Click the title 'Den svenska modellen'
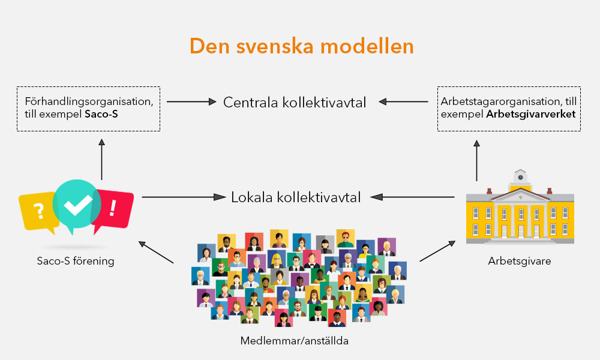[x=301, y=46]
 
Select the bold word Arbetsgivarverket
[x=532, y=114]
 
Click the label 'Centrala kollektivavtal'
[x=295, y=102]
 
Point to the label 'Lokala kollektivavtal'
[x=296, y=197]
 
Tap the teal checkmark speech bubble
[x=77, y=205]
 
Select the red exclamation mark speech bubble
[x=114, y=208]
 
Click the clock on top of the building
[x=520, y=177]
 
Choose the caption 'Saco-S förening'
[x=75, y=262]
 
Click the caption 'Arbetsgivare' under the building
[x=520, y=262]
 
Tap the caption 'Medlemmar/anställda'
[x=295, y=341]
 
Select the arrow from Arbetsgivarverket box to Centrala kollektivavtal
[x=406, y=102]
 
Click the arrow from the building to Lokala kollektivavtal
[x=412, y=197]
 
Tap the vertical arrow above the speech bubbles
[x=101, y=158]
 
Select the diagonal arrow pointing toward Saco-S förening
[x=156, y=253]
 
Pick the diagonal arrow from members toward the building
[x=437, y=251]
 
